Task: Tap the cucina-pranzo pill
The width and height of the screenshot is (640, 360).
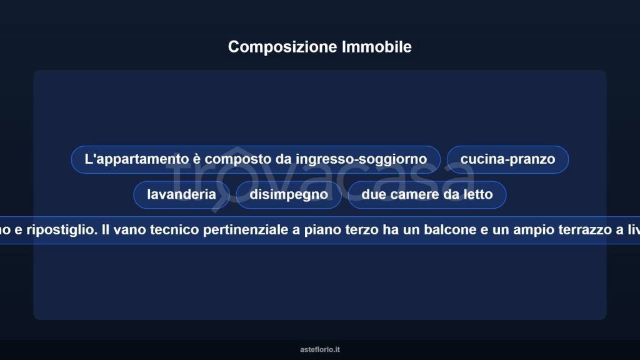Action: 507,159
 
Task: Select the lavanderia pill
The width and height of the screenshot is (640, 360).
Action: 181,194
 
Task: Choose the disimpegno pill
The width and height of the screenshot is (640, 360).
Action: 289,194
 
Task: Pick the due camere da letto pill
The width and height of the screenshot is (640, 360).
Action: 427,194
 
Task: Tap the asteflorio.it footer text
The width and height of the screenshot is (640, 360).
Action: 320,350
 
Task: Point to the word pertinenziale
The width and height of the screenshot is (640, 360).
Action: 241,230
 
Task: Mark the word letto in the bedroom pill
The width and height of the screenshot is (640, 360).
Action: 478,194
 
